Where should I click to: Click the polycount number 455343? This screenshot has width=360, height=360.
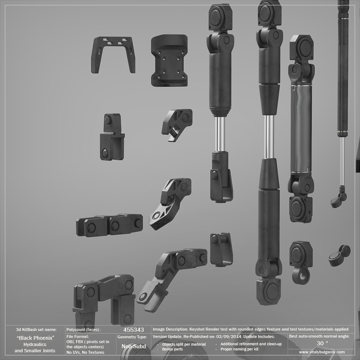134,330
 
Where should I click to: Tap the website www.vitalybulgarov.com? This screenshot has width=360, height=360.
322,352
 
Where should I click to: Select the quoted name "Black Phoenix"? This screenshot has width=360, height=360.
35,338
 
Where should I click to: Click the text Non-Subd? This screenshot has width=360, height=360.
134,346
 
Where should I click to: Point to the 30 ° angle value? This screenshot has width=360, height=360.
322,343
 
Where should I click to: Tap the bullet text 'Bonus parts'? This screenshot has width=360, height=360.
172,349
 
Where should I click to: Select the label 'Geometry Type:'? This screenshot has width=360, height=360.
132,337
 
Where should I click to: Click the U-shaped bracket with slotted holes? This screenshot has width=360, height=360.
113,55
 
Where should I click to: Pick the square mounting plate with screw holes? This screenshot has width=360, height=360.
169,61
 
